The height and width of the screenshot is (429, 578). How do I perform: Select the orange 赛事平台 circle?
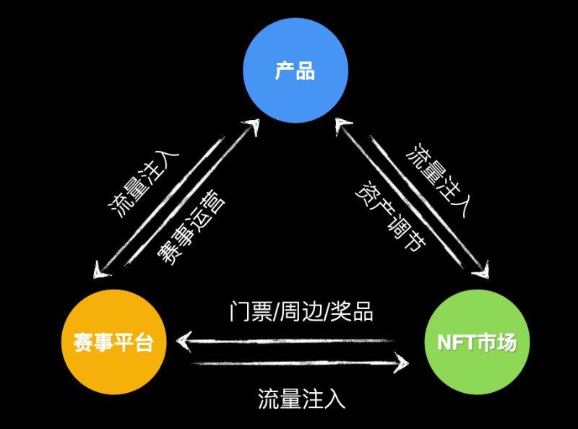point(113,343)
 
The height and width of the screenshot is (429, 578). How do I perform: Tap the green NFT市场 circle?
point(477,342)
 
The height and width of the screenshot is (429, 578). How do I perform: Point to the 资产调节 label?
point(390,215)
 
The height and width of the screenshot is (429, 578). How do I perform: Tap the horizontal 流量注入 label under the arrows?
point(301,399)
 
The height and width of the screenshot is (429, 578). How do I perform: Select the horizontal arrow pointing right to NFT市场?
point(296,363)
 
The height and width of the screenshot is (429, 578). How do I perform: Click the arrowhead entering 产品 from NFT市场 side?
point(342,127)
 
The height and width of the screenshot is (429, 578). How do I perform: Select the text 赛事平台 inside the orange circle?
point(113,343)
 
